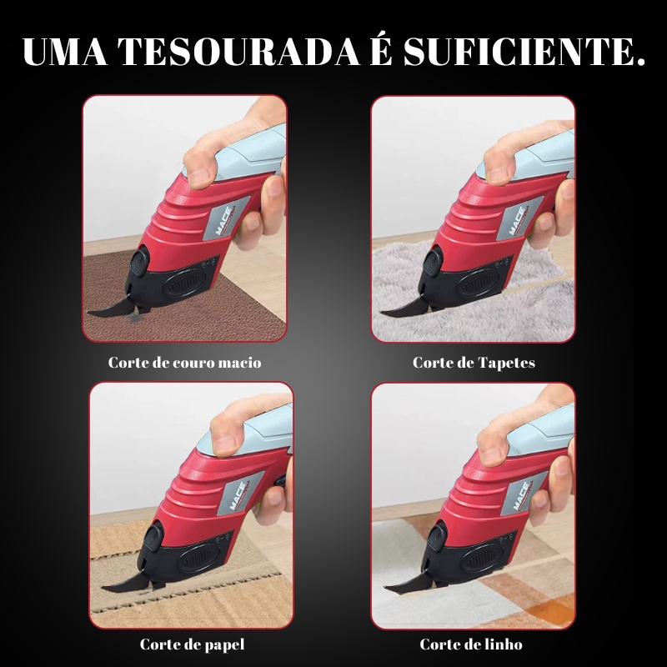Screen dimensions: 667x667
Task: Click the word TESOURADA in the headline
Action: click(238, 52)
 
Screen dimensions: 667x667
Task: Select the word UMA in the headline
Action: click(65, 52)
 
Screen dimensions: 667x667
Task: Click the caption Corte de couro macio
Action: click(184, 363)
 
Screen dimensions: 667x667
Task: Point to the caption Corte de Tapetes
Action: click(474, 363)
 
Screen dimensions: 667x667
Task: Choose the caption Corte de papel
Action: click(192, 644)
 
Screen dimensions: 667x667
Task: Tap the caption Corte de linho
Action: click(471, 644)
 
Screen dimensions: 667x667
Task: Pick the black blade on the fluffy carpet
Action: click(404, 310)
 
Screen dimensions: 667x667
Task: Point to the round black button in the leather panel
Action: click(139, 262)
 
